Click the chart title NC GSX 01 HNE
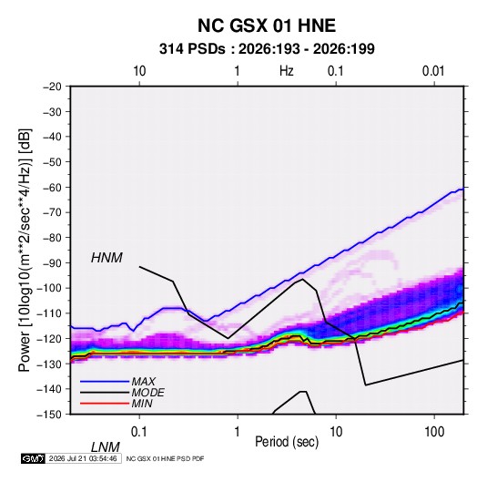[267, 26]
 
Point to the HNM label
[107, 258]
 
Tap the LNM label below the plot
[106, 447]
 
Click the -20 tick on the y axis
[52, 87]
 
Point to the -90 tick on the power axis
[52, 263]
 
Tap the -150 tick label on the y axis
[49, 415]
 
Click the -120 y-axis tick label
[49, 339]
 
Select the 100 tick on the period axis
[434, 432]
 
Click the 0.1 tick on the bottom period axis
[139, 432]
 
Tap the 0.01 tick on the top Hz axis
[433, 71]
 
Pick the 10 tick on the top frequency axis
[139, 71]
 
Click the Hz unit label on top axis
[287, 71]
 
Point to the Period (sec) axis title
[287, 442]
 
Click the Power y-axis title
[25, 251]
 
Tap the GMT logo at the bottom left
[33, 458]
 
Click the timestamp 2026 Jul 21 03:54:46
[83, 458]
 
